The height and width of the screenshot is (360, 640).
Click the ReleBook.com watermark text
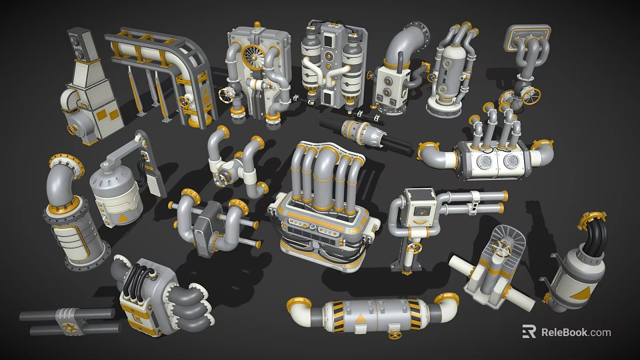pos(576,332)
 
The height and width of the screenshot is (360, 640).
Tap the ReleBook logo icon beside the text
pos(529,332)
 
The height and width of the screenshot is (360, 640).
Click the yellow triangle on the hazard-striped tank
pos(361,319)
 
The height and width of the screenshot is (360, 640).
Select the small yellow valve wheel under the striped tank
pos(395,335)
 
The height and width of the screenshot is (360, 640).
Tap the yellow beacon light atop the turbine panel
pos(257,25)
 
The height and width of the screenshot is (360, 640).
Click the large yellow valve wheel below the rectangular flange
pos(531,96)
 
